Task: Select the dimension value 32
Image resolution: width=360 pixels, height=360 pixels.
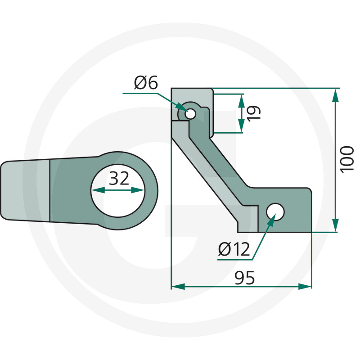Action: [x=119, y=179]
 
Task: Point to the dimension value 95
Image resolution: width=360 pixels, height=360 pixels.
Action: [x=244, y=279]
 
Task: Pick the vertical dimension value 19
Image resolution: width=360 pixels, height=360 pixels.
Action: [x=253, y=112]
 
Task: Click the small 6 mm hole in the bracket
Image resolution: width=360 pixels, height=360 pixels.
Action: [x=190, y=114]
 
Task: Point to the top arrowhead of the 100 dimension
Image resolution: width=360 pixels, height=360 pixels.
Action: [x=336, y=94]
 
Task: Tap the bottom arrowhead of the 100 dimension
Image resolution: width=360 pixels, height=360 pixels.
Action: [x=336, y=226]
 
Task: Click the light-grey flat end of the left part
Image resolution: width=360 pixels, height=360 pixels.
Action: [x=25, y=191]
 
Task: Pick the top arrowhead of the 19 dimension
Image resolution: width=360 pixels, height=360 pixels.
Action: [x=242, y=99]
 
